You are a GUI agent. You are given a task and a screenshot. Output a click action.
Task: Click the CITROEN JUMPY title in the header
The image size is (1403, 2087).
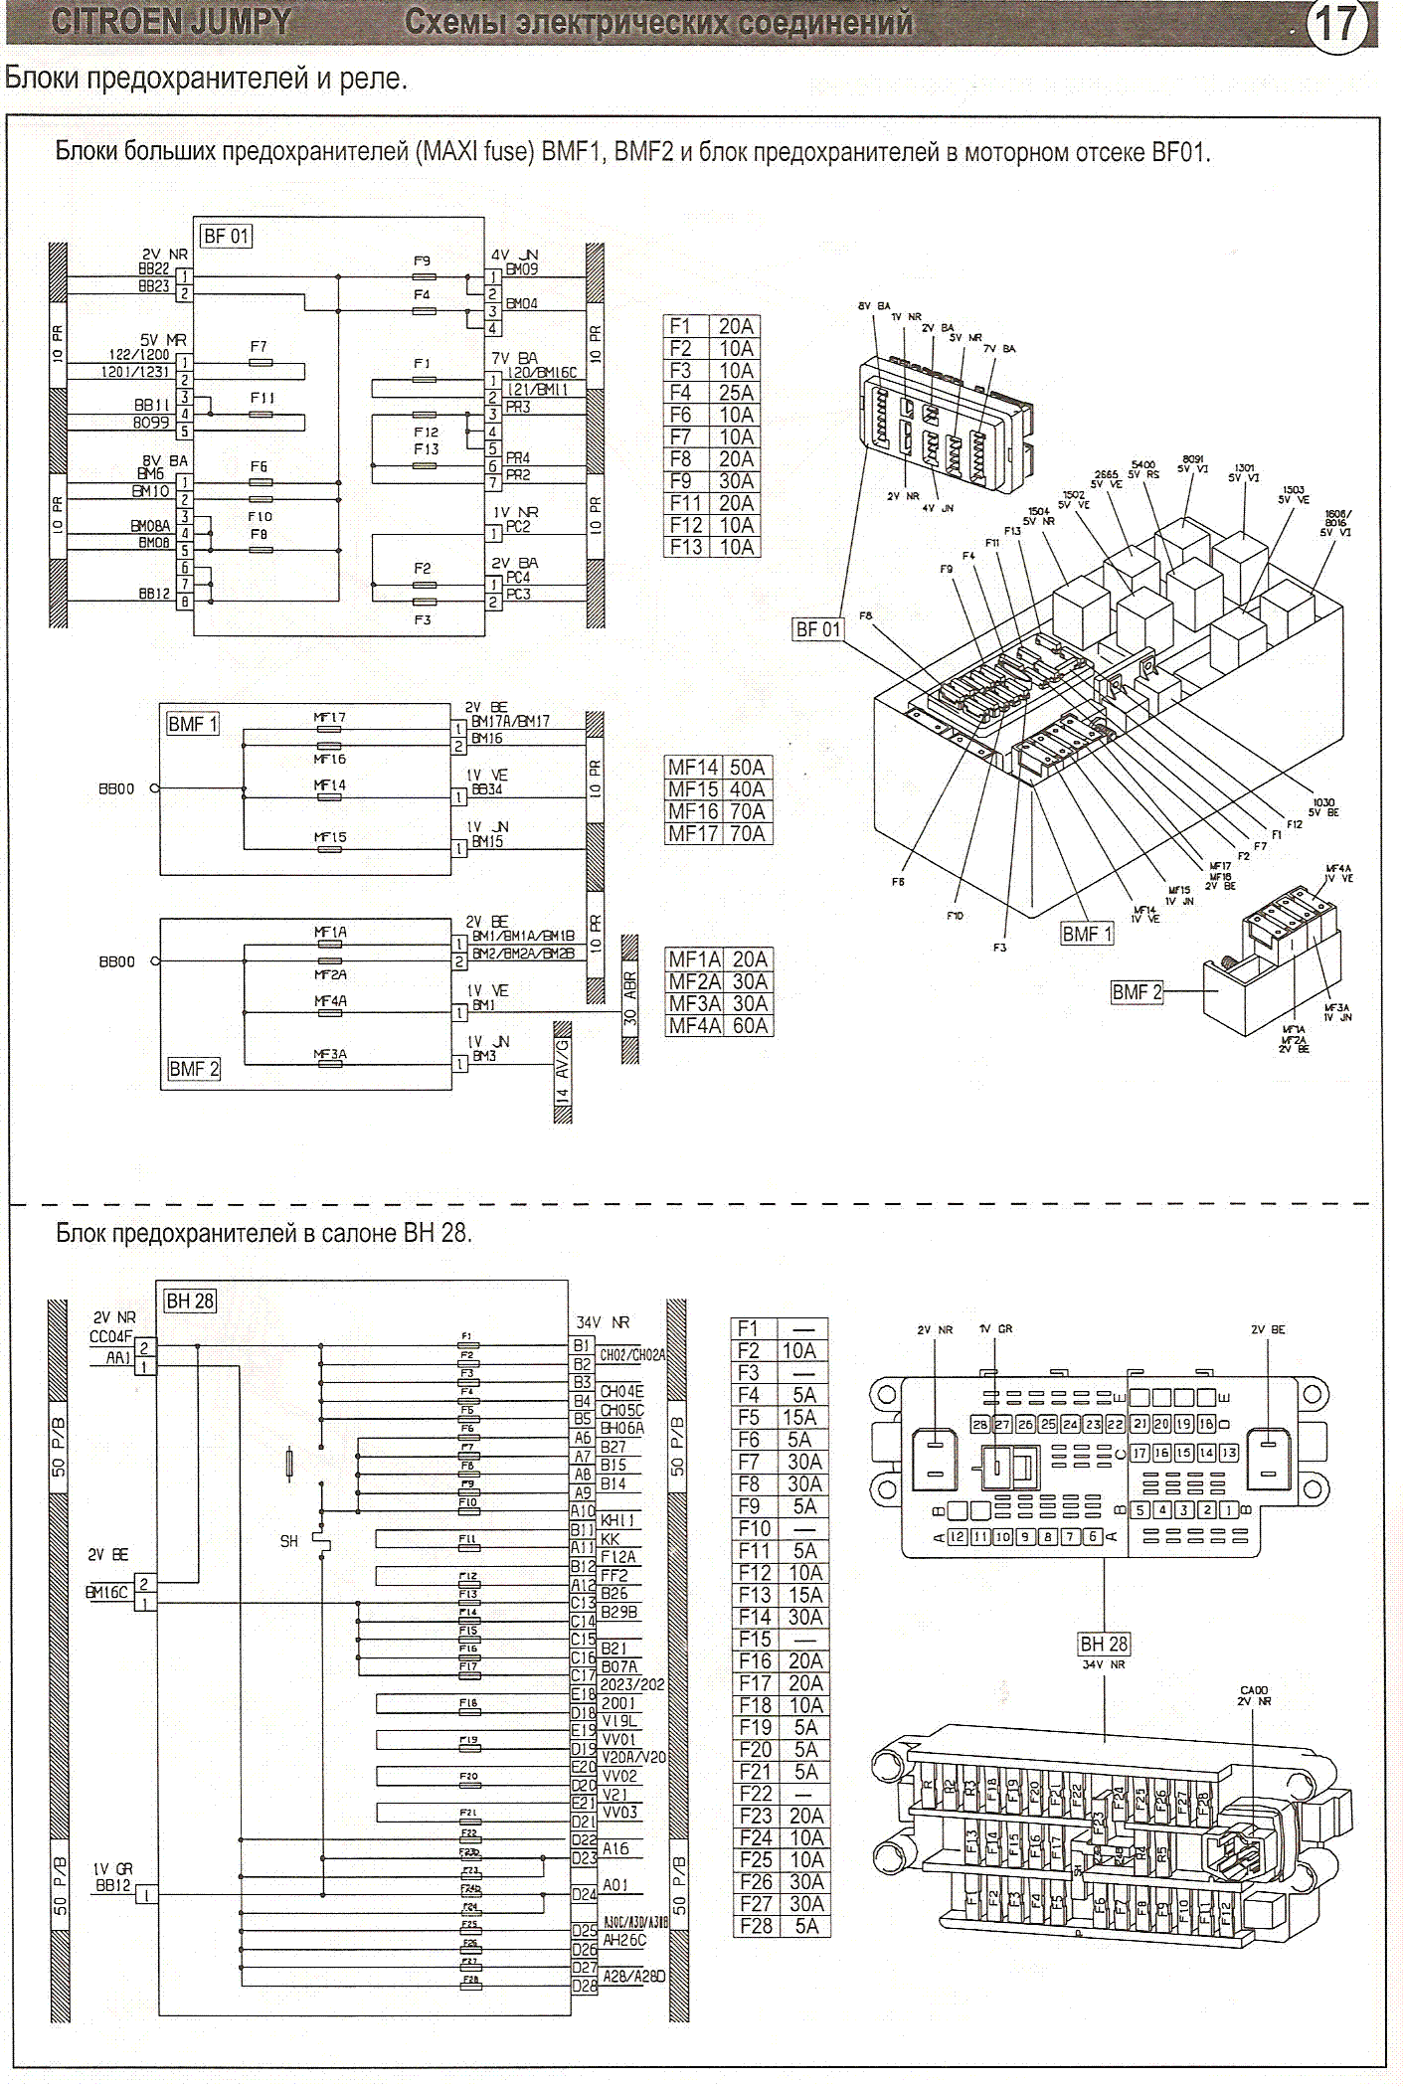click(170, 22)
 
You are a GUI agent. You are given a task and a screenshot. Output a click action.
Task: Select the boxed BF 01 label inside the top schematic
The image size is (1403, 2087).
click(226, 237)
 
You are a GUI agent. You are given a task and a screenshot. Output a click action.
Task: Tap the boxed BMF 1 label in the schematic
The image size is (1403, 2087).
click(192, 724)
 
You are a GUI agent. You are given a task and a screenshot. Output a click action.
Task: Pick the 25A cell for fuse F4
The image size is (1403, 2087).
click(736, 393)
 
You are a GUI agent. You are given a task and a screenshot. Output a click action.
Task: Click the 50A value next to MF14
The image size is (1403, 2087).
click(747, 768)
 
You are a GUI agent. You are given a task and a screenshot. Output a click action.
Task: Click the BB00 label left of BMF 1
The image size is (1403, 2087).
click(116, 788)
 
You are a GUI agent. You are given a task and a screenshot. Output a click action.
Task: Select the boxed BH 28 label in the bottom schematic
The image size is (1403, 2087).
click(189, 1301)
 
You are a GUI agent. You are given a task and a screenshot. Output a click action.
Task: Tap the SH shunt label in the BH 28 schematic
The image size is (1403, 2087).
click(288, 1541)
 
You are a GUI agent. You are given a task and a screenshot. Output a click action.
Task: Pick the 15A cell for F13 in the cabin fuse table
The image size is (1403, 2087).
click(804, 1595)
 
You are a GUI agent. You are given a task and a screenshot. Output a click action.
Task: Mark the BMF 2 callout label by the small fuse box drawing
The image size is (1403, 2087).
click(1137, 992)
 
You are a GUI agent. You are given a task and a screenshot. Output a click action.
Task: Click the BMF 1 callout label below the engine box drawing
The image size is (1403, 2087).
click(1087, 934)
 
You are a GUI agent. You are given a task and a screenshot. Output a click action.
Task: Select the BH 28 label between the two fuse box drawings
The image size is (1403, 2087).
click(1104, 1645)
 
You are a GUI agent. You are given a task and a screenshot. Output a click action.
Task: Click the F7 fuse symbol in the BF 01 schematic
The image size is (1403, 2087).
click(261, 363)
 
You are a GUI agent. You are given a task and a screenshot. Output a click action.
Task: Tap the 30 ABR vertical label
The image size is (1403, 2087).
click(629, 998)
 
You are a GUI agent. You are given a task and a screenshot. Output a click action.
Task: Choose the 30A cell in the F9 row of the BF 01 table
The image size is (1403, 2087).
click(736, 481)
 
